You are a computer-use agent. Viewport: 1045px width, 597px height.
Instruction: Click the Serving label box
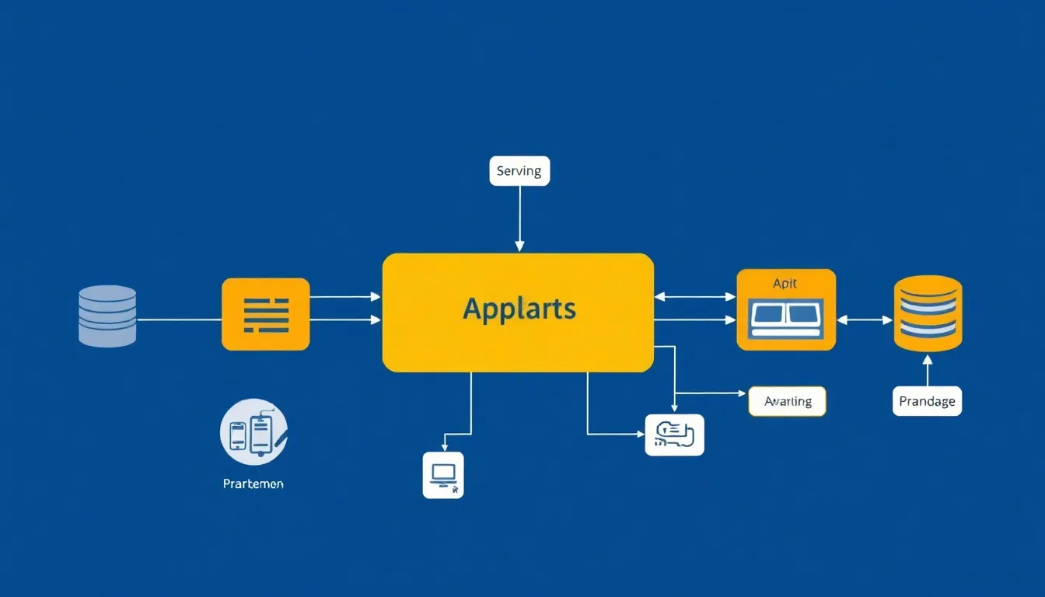tap(519, 171)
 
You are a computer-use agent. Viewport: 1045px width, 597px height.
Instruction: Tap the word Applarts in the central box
tap(519, 309)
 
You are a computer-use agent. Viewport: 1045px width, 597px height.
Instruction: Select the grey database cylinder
tap(107, 315)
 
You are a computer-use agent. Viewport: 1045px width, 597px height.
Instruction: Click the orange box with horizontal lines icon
tap(266, 314)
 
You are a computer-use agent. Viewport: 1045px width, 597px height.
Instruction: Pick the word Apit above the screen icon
tap(785, 284)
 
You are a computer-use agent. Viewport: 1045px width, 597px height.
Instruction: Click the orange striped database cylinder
tap(928, 313)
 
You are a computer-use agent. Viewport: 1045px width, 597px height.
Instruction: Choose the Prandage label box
tap(927, 401)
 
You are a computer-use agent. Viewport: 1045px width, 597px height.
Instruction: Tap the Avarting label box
tap(787, 401)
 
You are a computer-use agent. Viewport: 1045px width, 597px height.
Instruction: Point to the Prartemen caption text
tap(253, 484)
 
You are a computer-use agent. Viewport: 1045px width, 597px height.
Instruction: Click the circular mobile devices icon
tap(253, 431)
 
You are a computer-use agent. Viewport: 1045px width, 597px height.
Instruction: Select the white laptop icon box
tap(443, 474)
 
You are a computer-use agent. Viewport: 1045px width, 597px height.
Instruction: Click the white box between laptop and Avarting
tap(675, 435)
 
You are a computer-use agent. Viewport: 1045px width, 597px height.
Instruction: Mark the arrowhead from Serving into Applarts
tap(519, 247)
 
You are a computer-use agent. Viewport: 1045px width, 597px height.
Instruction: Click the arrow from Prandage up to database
tap(927, 371)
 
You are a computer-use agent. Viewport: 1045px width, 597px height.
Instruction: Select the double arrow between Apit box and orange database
tap(865, 319)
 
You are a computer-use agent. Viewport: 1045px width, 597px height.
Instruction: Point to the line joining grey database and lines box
tap(179, 319)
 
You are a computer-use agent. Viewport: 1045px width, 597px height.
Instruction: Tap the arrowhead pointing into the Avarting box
tap(742, 393)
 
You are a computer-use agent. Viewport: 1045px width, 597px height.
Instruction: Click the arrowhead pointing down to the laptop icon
tap(444, 446)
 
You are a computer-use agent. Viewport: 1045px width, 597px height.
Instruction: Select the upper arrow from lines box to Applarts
tap(345, 296)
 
